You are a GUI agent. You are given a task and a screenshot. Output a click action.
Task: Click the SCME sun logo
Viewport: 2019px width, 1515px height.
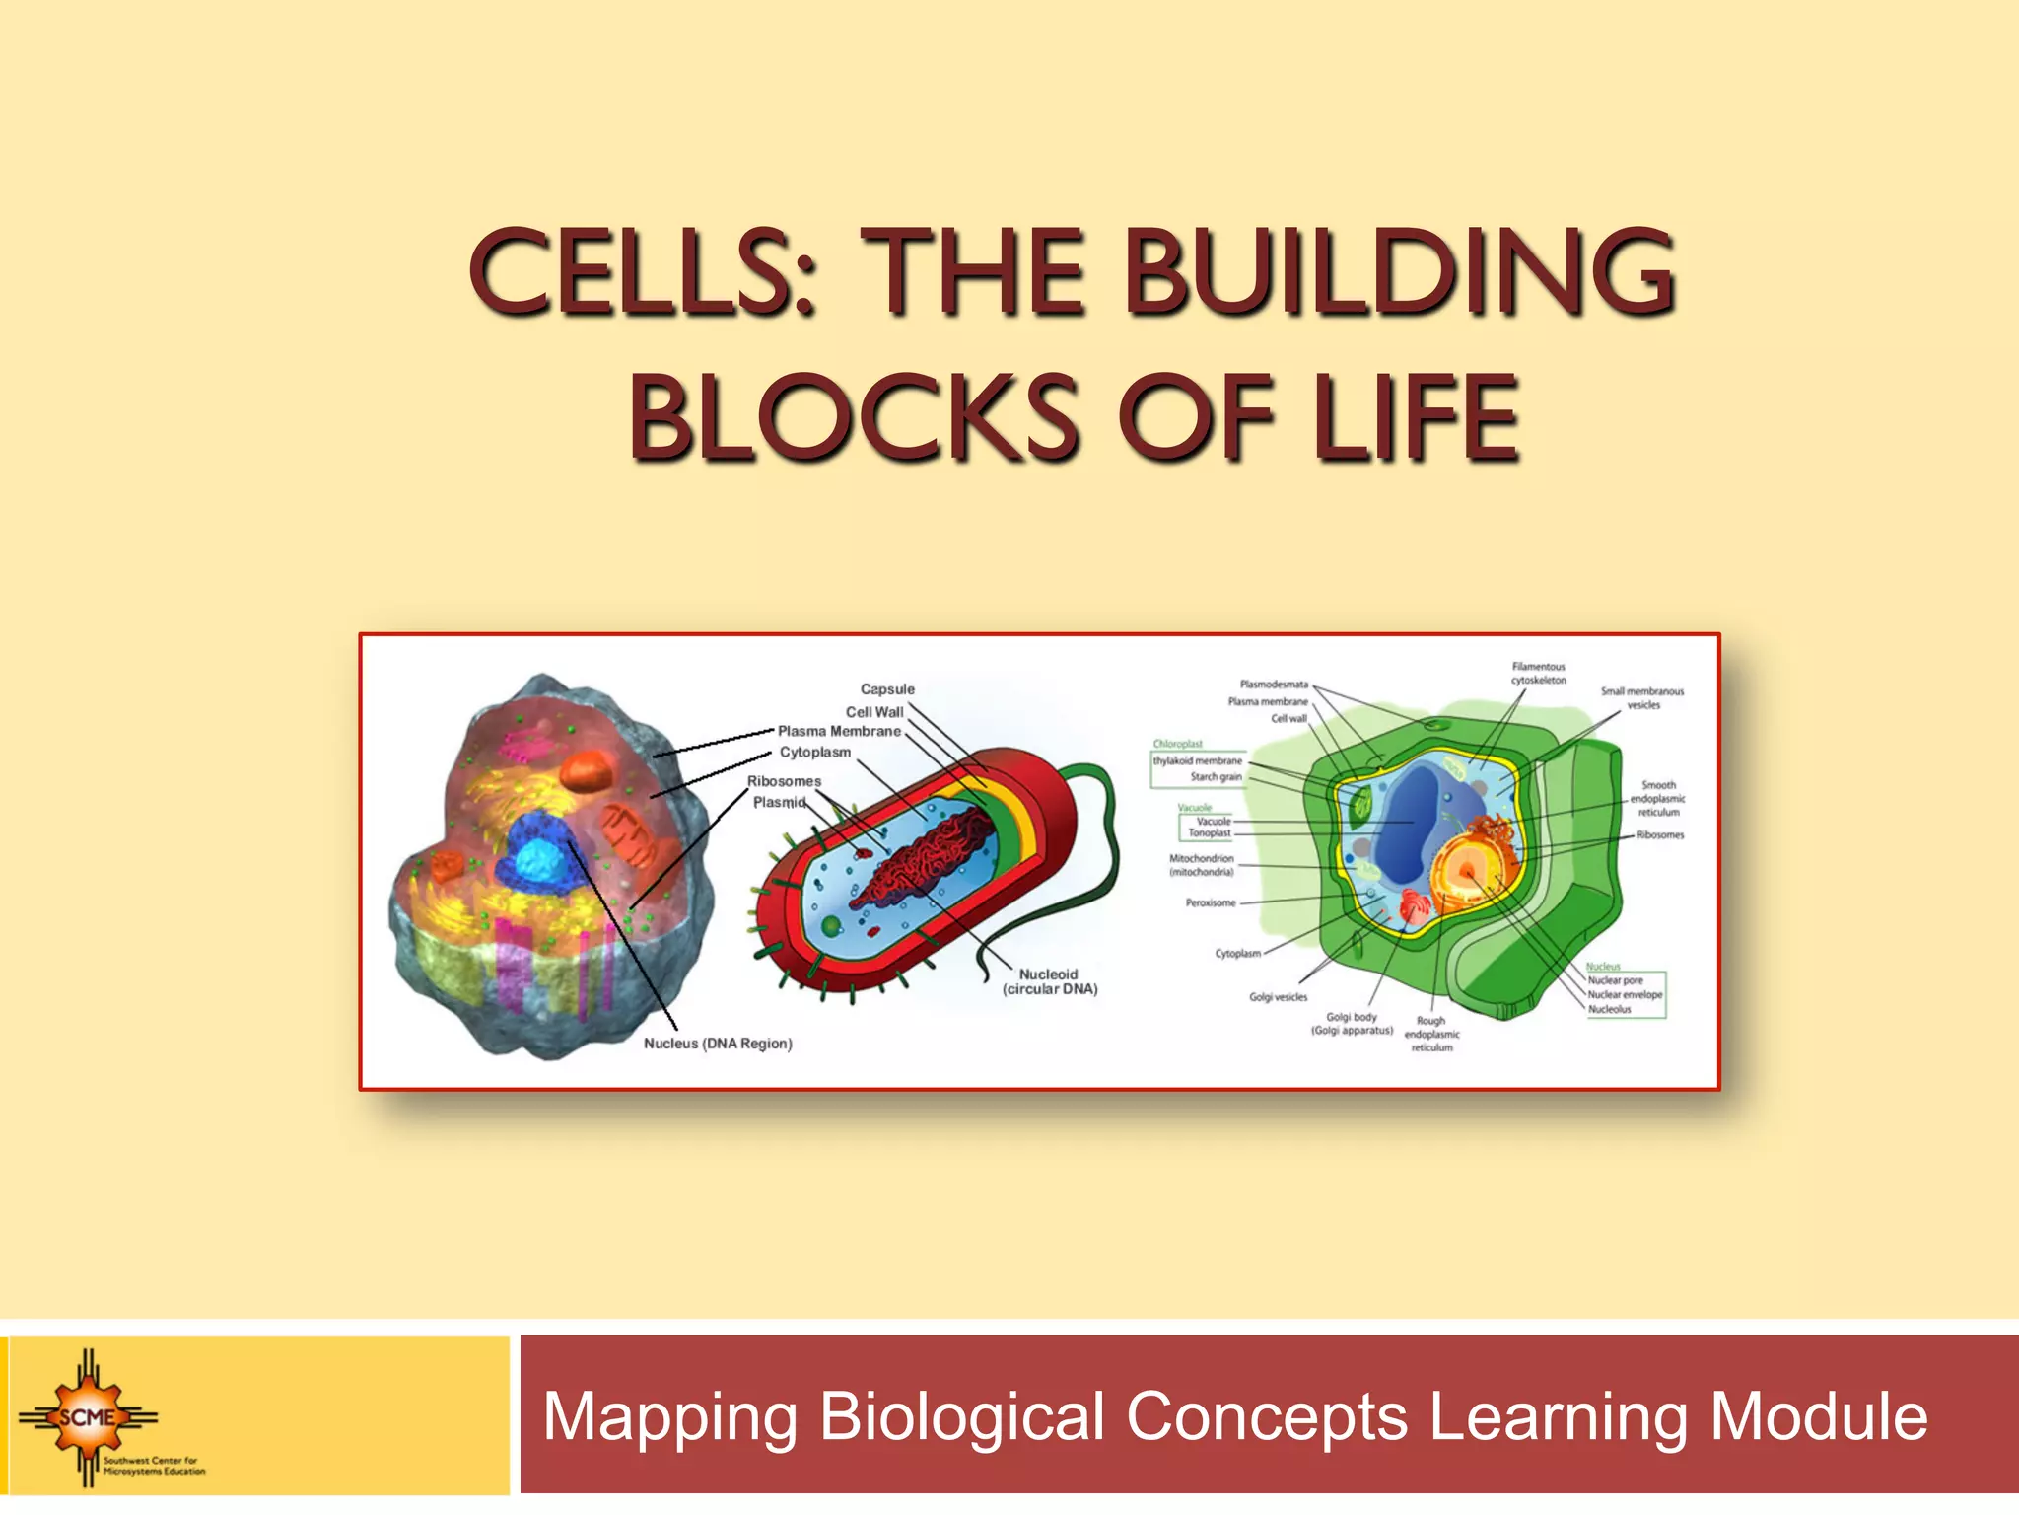click(x=88, y=1417)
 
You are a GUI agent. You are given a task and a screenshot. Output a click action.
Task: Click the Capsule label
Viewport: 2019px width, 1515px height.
click(x=887, y=689)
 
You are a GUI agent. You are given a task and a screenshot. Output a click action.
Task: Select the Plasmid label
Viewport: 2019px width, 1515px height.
click(x=779, y=802)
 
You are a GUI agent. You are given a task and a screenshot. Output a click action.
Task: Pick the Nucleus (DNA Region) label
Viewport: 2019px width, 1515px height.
click(x=718, y=1044)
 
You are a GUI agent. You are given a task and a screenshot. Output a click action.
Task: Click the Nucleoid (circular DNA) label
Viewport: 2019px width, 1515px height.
click(x=1049, y=981)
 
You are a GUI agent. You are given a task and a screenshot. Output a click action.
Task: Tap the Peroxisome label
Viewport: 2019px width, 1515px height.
click(x=1210, y=902)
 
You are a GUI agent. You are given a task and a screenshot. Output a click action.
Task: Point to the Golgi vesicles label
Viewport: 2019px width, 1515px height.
click(x=1278, y=997)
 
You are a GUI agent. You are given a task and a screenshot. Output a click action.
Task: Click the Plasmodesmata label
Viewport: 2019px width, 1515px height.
click(x=1274, y=684)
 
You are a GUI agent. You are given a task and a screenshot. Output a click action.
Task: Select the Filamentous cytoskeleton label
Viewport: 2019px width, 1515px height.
click(x=1538, y=673)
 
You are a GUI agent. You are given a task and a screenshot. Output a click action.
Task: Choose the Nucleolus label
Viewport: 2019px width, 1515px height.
click(x=1609, y=1009)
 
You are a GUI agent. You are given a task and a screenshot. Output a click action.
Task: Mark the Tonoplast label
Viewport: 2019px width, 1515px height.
click(x=1209, y=833)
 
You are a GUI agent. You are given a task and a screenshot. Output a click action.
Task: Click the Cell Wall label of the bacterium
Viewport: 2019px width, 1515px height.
click(x=873, y=711)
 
